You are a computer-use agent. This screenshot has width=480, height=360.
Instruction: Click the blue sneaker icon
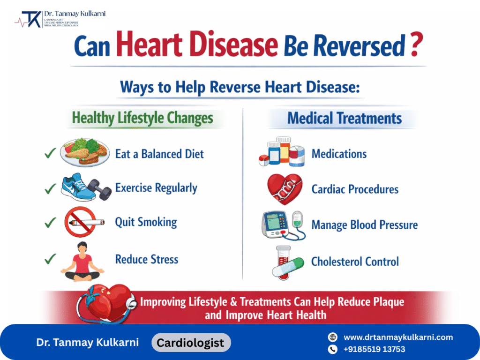click(76, 187)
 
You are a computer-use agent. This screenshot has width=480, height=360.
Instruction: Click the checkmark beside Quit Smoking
click(50, 223)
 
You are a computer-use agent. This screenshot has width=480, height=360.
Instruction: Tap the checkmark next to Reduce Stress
click(50, 258)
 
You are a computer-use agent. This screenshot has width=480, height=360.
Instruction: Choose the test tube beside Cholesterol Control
click(284, 262)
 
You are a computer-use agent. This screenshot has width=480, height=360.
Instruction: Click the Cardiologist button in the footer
click(191, 343)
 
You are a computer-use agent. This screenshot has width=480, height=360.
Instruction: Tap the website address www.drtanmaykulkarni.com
click(398, 337)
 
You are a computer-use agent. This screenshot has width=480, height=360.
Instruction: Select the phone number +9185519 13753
click(375, 349)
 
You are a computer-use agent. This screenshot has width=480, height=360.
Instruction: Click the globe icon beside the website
click(333, 337)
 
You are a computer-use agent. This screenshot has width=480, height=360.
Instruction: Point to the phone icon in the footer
click(333, 349)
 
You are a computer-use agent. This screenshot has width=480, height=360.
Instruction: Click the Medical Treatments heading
click(345, 118)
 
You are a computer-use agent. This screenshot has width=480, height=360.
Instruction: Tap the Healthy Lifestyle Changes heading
click(142, 118)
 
